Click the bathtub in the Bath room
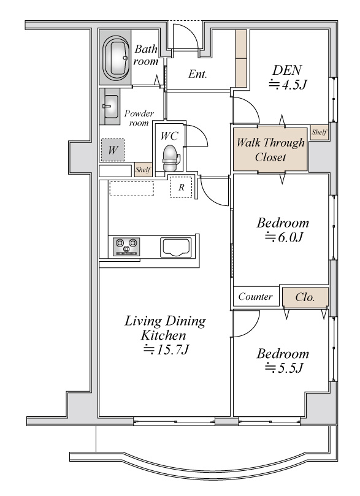click(x=115, y=57)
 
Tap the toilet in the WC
click(x=171, y=158)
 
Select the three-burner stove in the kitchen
click(x=126, y=246)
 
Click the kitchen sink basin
click(x=176, y=246)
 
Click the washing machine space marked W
click(x=113, y=150)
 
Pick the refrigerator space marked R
click(x=182, y=187)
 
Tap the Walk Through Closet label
click(x=270, y=150)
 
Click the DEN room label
click(x=287, y=70)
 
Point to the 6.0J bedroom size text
click(x=284, y=237)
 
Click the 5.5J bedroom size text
click(x=284, y=368)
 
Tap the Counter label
click(x=255, y=296)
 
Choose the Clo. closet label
click(x=305, y=297)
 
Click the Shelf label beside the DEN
click(x=319, y=132)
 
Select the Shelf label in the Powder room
click(x=143, y=170)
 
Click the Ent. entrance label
click(x=197, y=74)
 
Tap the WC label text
click(x=169, y=135)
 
